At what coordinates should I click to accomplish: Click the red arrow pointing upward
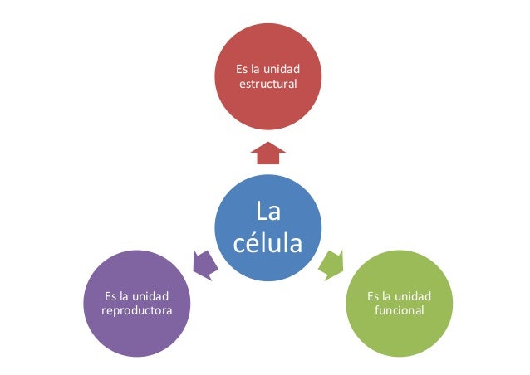[267, 153]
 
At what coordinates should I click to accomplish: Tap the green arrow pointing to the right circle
[331, 262]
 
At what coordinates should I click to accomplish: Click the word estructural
[268, 84]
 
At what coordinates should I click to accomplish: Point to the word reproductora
[138, 310]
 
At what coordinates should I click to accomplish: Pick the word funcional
[399, 310]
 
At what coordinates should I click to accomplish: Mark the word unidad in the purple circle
[152, 295]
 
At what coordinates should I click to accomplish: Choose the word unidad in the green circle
[413, 295]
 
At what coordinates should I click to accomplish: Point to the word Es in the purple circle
[113, 295]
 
